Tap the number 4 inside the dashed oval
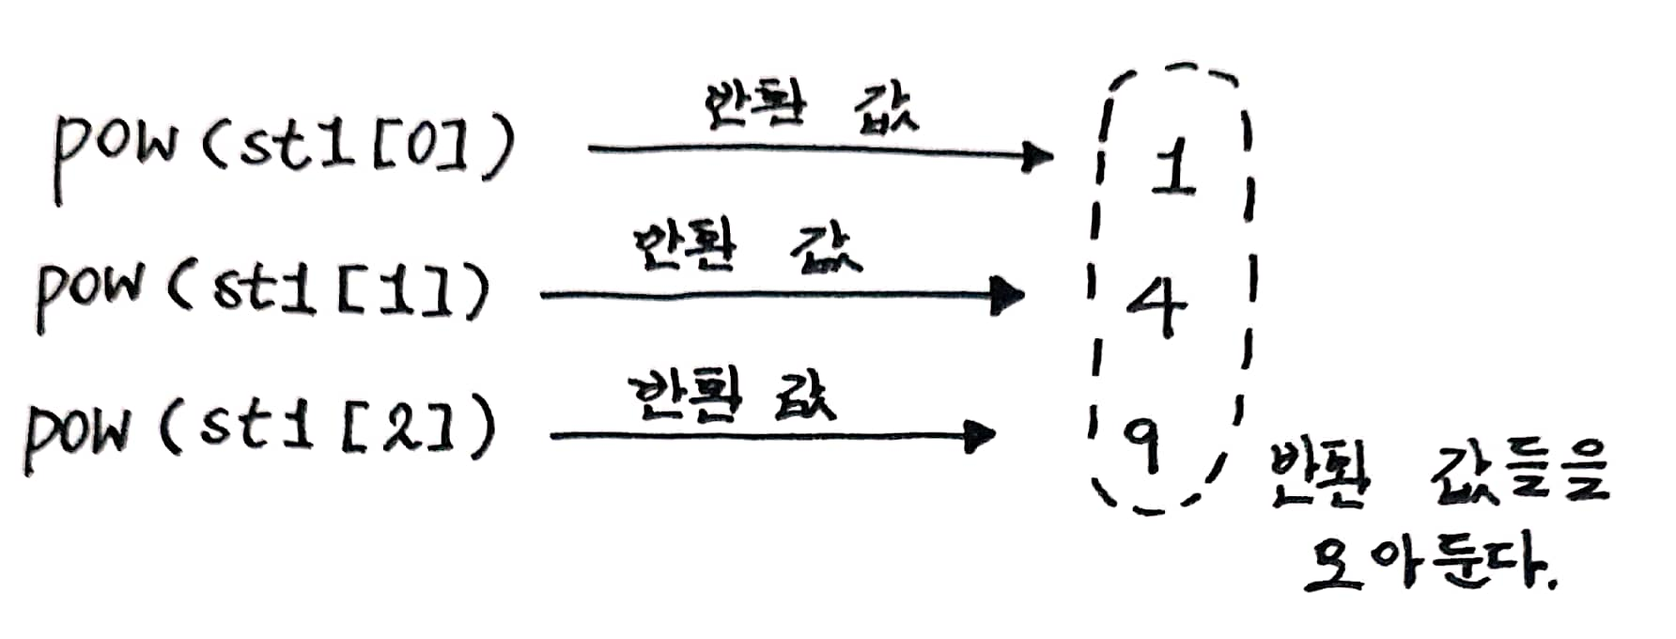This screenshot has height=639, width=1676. tap(1157, 306)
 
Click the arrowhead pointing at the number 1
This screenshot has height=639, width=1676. tap(1037, 155)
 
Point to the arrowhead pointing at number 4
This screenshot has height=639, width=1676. tap(1009, 296)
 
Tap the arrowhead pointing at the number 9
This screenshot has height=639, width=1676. tap(981, 435)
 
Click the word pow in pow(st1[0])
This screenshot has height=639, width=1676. tap(113, 150)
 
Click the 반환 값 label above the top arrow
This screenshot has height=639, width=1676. tap(809, 106)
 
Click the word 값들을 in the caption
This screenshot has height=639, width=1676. tap(1518, 475)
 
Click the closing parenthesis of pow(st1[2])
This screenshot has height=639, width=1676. tap(480, 429)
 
